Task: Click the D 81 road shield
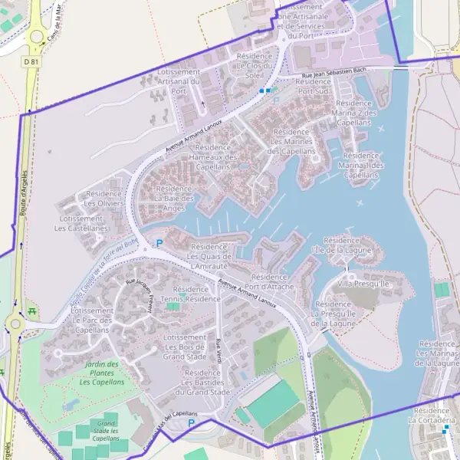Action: point(31,61)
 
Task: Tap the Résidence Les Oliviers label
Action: point(104,199)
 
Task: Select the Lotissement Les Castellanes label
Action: point(84,223)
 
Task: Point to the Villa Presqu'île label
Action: point(364,284)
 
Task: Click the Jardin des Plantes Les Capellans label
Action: point(102,373)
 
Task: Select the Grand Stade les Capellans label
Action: point(105,431)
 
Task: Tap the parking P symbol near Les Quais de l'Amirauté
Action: point(159,244)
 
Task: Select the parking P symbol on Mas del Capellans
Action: point(192,422)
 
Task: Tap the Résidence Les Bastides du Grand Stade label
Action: point(202,383)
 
